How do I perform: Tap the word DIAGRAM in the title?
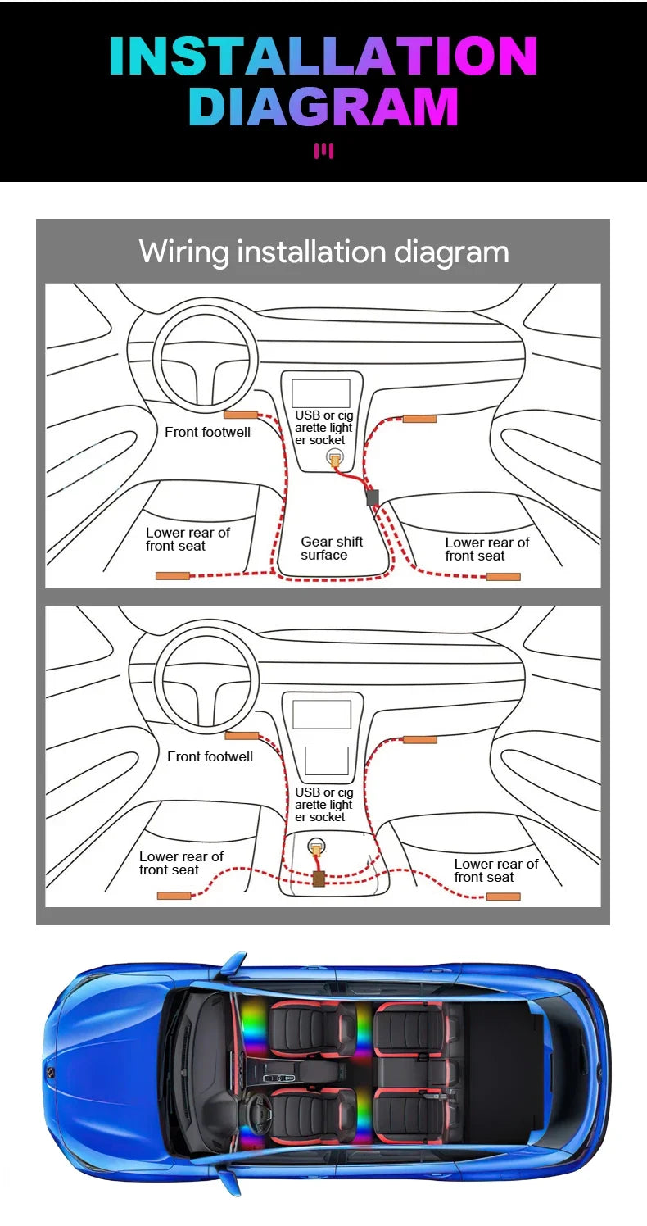[323, 107]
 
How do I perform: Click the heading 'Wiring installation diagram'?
[323, 252]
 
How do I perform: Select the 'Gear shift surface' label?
[332, 548]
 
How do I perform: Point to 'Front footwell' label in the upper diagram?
[207, 432]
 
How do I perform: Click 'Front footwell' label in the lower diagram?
[210, 756]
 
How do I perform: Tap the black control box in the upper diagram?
[372, 497]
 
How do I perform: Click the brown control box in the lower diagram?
[319, 879]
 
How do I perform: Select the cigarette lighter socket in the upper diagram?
[335, 457]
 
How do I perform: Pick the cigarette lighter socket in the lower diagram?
[317, 847]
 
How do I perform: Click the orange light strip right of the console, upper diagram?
[419, 420]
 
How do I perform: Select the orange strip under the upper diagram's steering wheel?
[241, 415]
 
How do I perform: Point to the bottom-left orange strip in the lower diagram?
[174, 896]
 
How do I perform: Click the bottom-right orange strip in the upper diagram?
[503, 576]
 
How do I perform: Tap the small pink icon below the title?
[323, 151]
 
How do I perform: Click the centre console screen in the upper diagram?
[321, 393]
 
